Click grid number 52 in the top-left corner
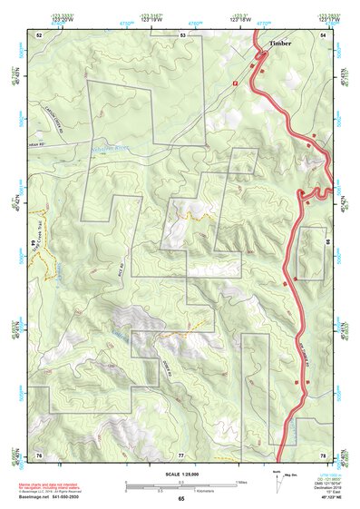click(38, 34)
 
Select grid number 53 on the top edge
click(182, 34)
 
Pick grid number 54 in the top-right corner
click(323, 34)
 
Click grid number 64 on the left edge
click(34, 244)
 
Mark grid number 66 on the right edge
click(326, 242)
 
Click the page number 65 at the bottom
click(180, 499)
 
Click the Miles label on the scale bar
click(240, 482)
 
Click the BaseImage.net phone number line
click(45, 496)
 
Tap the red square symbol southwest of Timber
click(235, 83)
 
